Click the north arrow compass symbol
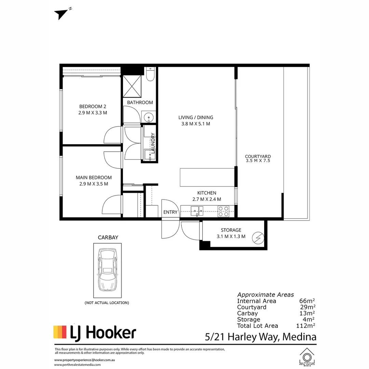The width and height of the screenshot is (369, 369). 61,14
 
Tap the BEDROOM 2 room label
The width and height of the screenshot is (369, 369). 93,107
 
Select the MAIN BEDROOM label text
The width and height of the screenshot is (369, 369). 94,178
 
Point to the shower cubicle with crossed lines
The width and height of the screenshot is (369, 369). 132,86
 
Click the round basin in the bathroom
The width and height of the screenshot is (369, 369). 149,117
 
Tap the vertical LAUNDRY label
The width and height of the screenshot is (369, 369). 153,143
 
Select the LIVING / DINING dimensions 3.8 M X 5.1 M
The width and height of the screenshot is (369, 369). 195,124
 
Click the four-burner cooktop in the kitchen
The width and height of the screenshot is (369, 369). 223,211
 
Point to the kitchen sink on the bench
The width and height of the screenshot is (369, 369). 197,211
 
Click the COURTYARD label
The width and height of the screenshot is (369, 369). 258,156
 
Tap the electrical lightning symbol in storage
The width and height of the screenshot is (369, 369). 258,238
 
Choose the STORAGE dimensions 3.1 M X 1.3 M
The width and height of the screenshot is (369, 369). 231,236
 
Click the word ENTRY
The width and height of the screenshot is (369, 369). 170,212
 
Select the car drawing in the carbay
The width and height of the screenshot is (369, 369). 108,270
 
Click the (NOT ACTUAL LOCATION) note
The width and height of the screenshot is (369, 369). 107,303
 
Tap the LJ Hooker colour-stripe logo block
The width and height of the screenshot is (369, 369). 60,332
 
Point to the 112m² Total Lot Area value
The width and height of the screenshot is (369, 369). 305,326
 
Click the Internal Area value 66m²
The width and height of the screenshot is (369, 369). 307,301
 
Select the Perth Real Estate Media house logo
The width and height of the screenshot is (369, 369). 307,357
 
